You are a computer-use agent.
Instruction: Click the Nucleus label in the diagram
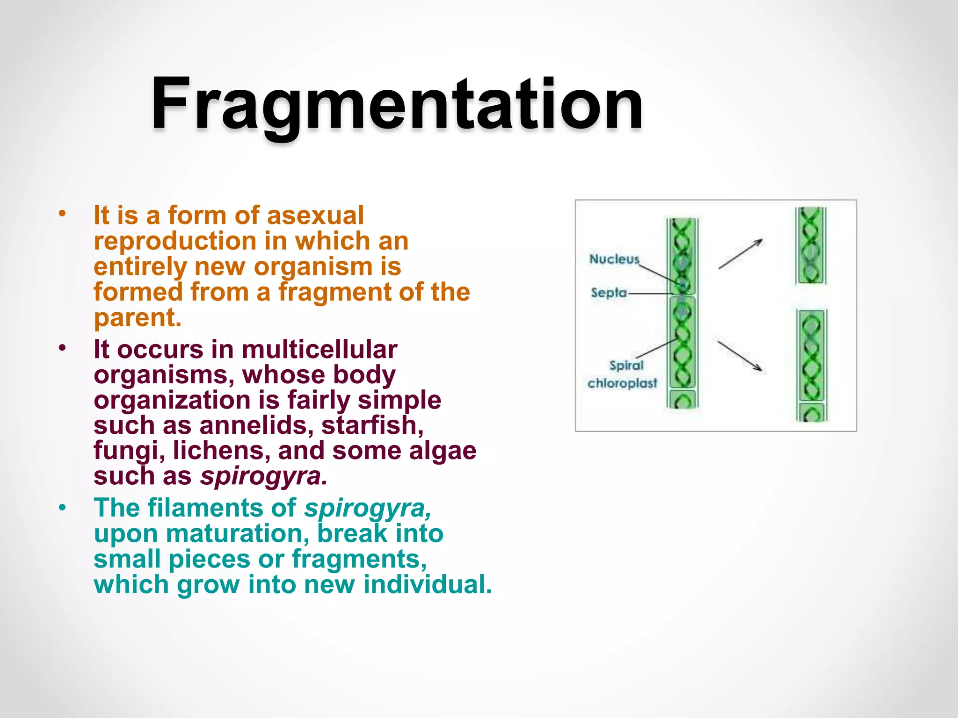pyautogui.click(x=614, y=259)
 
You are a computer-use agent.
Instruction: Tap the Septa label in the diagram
pyautogui.click(x=608, y=293)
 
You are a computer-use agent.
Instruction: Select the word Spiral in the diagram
pyautogui.click(x=626, y=366)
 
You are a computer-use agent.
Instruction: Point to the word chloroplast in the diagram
pyautogui.click(x=622, y=384)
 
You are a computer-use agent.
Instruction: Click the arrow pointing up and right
pyautogui.click(x=740, y=254)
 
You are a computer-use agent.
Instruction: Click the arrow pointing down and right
pyautogui.click(x=740, y=356)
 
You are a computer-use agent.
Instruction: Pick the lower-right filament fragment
pyautogui.click(x=812, y=365)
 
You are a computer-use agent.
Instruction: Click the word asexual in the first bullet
pyautogui.click(x=315, y=216)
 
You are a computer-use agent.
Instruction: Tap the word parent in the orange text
pyautogui.click(x=137, y=318)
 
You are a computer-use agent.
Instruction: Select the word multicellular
pyautogui.click(x=319, y=350)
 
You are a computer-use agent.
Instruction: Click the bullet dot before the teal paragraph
pyautogui.click(x=63, y=508)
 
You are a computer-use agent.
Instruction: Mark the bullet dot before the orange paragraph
pyautogui.click(x=63, y=215)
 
